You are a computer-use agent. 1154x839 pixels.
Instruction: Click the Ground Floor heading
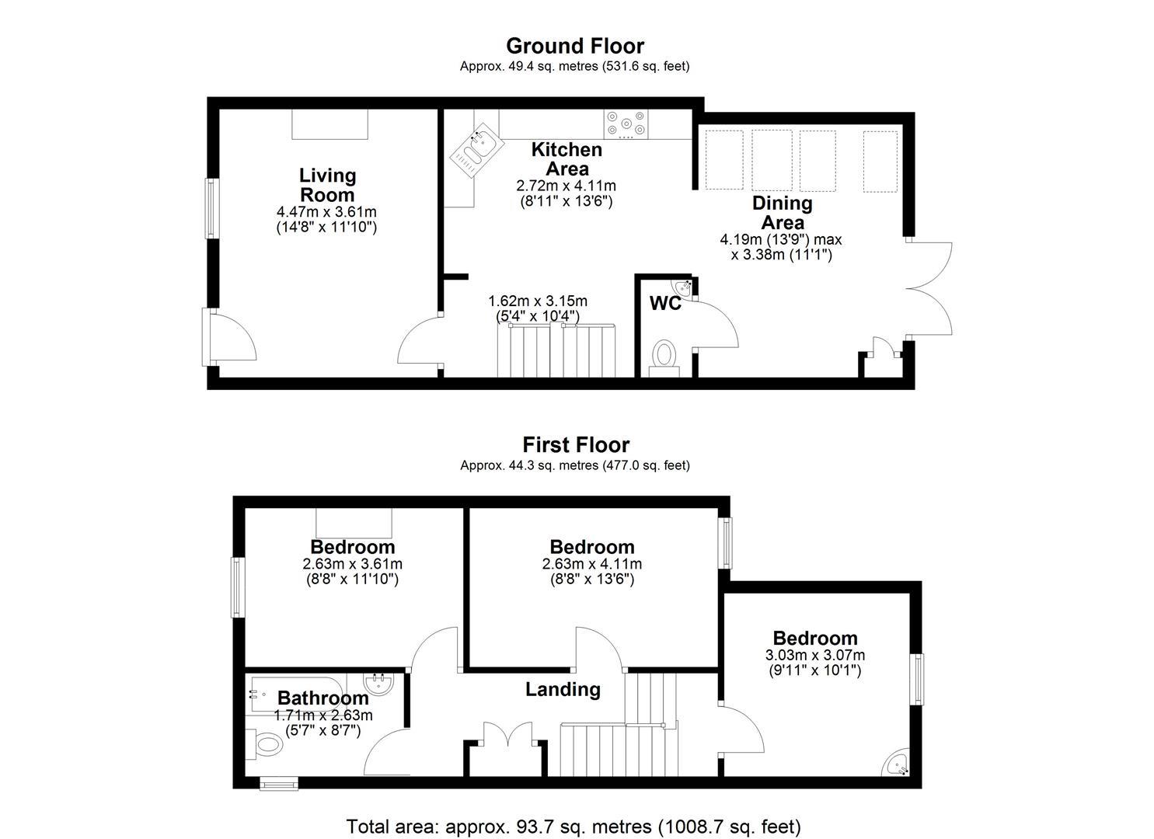[575, 46]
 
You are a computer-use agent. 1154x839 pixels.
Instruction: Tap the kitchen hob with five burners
[626, 124]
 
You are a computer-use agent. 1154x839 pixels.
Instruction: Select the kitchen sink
[477, 150]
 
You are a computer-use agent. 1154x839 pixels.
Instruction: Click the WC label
[665, 303]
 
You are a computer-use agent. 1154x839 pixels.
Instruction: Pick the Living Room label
[327, 185]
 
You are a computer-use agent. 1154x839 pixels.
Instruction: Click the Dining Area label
[782, 213]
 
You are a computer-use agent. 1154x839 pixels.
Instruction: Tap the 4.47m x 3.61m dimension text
[326, 211]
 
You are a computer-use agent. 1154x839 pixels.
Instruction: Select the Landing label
[563, 689]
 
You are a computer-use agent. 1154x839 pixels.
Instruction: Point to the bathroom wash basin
[378, 684]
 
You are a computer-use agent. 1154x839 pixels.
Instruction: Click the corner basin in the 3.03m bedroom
[897, 764]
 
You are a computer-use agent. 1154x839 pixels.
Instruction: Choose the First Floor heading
[576, 445]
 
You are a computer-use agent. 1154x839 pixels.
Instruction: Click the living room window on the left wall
[212, 208]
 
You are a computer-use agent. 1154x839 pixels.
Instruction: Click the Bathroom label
[323, 698]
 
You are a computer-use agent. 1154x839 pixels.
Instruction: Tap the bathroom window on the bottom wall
[279, 783]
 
